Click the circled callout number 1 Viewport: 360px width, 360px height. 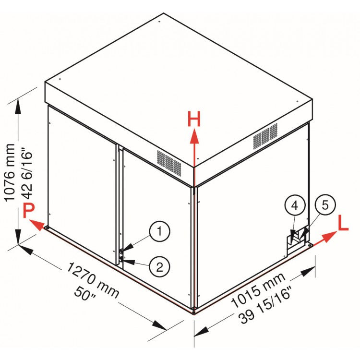tap(159, 231)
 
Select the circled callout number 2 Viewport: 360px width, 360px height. tap(159, 267)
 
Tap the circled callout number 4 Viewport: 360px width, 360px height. tap(295, 205)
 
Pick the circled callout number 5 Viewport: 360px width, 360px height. tap(325, 205)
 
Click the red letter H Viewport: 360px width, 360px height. tap(194, 119)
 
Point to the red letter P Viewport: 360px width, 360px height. tap(29, 211)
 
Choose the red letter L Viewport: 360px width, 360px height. tap(343, 223)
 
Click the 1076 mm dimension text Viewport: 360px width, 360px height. tap(10, 173)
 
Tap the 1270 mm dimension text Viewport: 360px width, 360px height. tap(93, 280)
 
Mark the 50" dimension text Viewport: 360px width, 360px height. tap(85, 294)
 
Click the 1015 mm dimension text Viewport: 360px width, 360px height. tap(258, 290)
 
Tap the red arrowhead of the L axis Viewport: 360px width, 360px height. tap(329, 237)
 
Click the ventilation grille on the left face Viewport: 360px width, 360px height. tap(169, 163)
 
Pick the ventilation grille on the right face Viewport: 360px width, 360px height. tap(265, 136)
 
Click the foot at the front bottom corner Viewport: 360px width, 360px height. tap(194, 312)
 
